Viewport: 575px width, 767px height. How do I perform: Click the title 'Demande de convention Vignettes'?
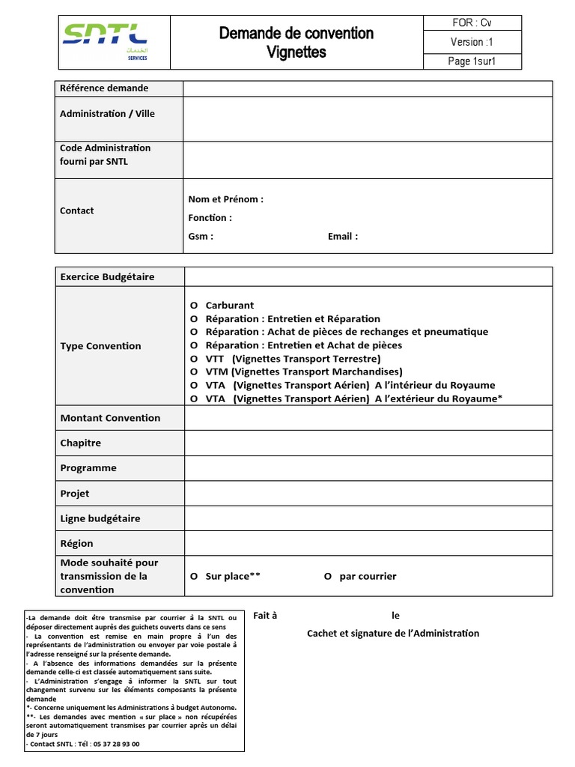click(296, 43)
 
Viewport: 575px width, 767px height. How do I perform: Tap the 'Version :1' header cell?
click(472, 42)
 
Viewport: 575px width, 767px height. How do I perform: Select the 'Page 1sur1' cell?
click(472, 61)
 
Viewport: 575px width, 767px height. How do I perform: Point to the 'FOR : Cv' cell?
click(472, 23)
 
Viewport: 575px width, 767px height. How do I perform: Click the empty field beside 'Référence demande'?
click(368, 88)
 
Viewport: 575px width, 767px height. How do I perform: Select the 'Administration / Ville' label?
click(107, 114)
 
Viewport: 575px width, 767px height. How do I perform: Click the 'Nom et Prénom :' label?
click(226, 199)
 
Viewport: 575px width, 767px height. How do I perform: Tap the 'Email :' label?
click(343, 237)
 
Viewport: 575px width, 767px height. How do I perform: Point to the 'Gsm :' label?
click(201, 237)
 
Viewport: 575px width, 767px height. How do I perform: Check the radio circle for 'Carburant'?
click(194, 306)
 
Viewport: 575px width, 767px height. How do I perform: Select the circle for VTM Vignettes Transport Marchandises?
click(194, 372)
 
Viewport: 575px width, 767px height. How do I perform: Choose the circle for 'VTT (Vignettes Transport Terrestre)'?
click(194, 359)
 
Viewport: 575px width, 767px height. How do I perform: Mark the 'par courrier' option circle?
click(328, 576)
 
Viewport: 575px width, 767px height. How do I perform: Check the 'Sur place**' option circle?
click(194, 576)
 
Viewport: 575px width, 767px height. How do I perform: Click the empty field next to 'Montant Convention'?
click(368, 418)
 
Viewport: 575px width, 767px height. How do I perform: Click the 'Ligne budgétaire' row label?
click(100, 518)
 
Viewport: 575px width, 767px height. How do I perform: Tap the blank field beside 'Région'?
click(368, 543)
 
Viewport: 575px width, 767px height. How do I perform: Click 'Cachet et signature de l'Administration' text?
click(393, 634)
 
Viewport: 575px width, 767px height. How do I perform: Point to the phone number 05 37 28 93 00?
click(116, 745)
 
